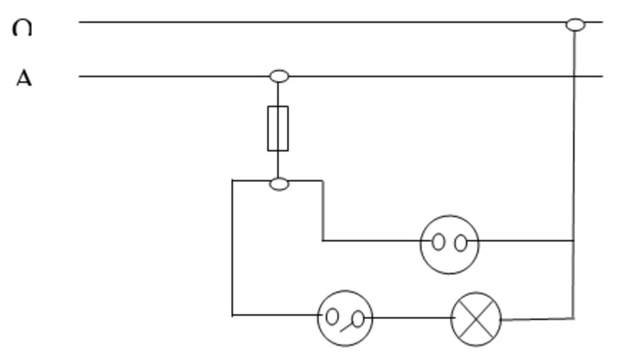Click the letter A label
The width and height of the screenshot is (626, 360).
tap(23, 78)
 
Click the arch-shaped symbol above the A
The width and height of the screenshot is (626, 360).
tap(22, 28)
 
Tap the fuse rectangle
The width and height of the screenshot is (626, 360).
tap(278, 128)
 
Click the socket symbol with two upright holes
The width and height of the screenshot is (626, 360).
tap(449, 244)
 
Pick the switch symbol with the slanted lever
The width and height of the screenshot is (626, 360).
tap(345, 318)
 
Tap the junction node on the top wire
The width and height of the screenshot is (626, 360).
tap(575, 24)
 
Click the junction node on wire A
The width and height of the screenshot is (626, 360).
tap(279, 76)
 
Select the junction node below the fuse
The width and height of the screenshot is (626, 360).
tap(279, 183)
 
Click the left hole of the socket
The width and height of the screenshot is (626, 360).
tap(438, 242)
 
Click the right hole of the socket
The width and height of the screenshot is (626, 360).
tap(461, 243)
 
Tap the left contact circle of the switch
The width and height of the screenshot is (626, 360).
tap(332, 316)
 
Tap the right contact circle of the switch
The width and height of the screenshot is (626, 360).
tap(358, 318)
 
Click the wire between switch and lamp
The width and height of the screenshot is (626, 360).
tap(413, 318)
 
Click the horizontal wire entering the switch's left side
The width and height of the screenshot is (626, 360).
tap(275, 315)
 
